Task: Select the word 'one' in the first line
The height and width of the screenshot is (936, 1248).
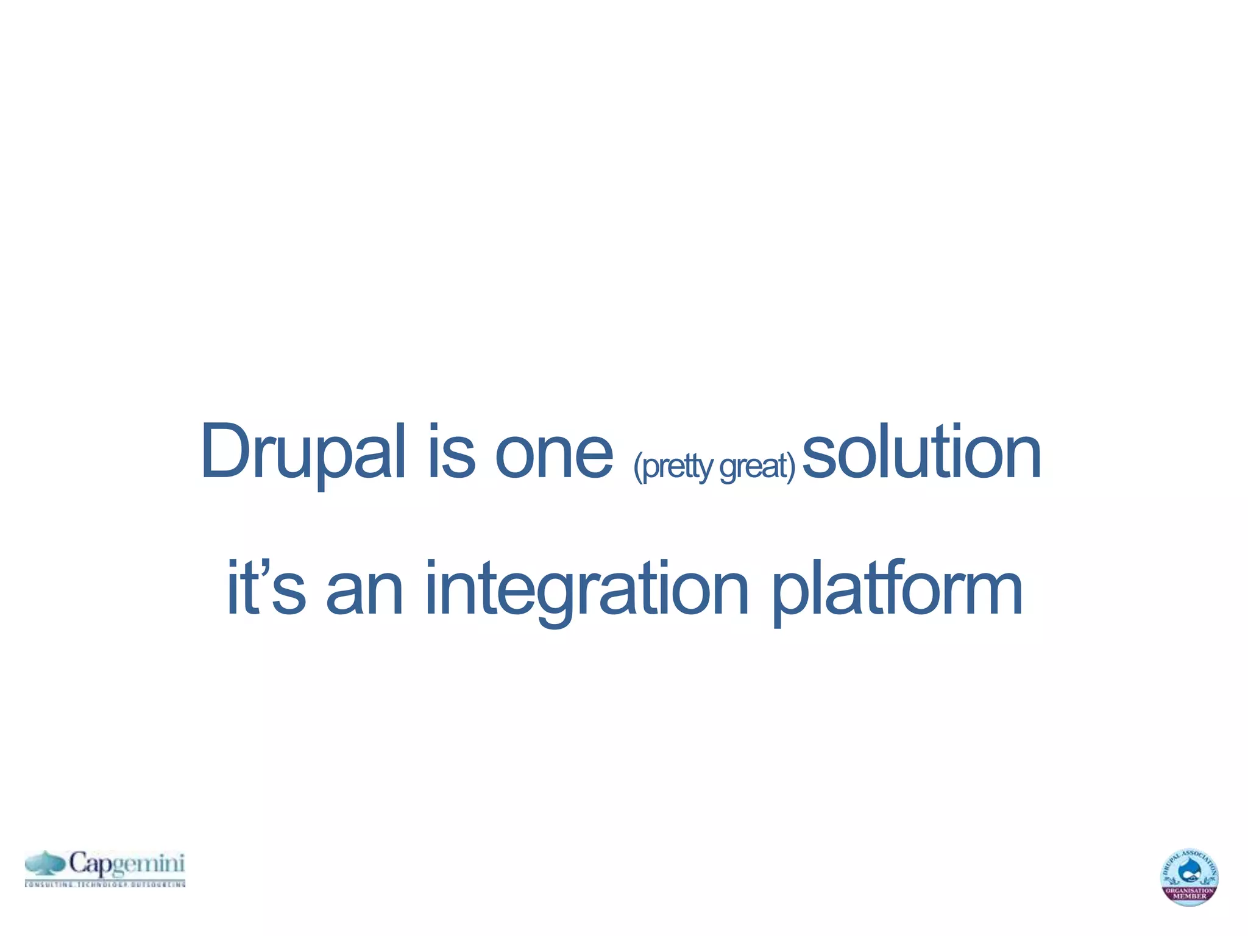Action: pos(554,454)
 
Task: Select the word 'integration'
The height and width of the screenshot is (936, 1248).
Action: pos(586,590)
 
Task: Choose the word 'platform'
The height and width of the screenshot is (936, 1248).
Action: pos(897,590)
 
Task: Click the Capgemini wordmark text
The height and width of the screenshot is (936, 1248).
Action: pos(126,864)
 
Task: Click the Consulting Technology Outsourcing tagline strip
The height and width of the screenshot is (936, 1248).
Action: pos(105,884)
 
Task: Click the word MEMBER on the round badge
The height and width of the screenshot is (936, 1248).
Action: pos(1189,896)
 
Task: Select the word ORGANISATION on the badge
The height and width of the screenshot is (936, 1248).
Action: pos(1189,890)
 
